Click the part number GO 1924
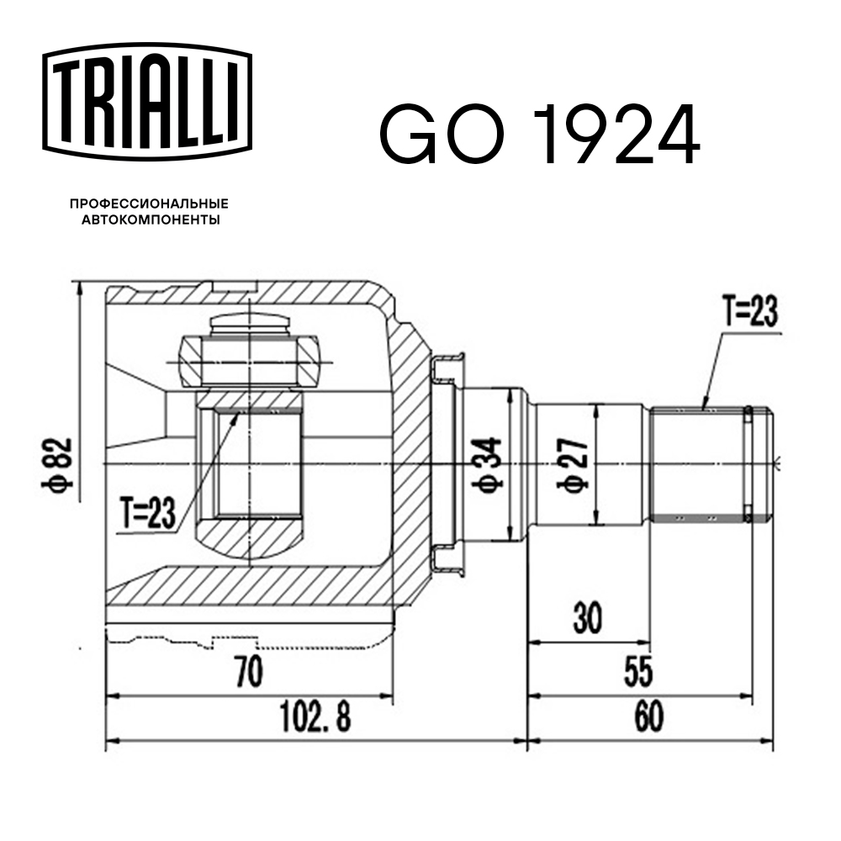point(539,135)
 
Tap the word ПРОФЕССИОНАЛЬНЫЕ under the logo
point(149,204)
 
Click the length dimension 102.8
point(315,717)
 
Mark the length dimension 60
point(649,717)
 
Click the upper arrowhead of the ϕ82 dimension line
point(81,291)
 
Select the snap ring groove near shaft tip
point(747,463)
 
